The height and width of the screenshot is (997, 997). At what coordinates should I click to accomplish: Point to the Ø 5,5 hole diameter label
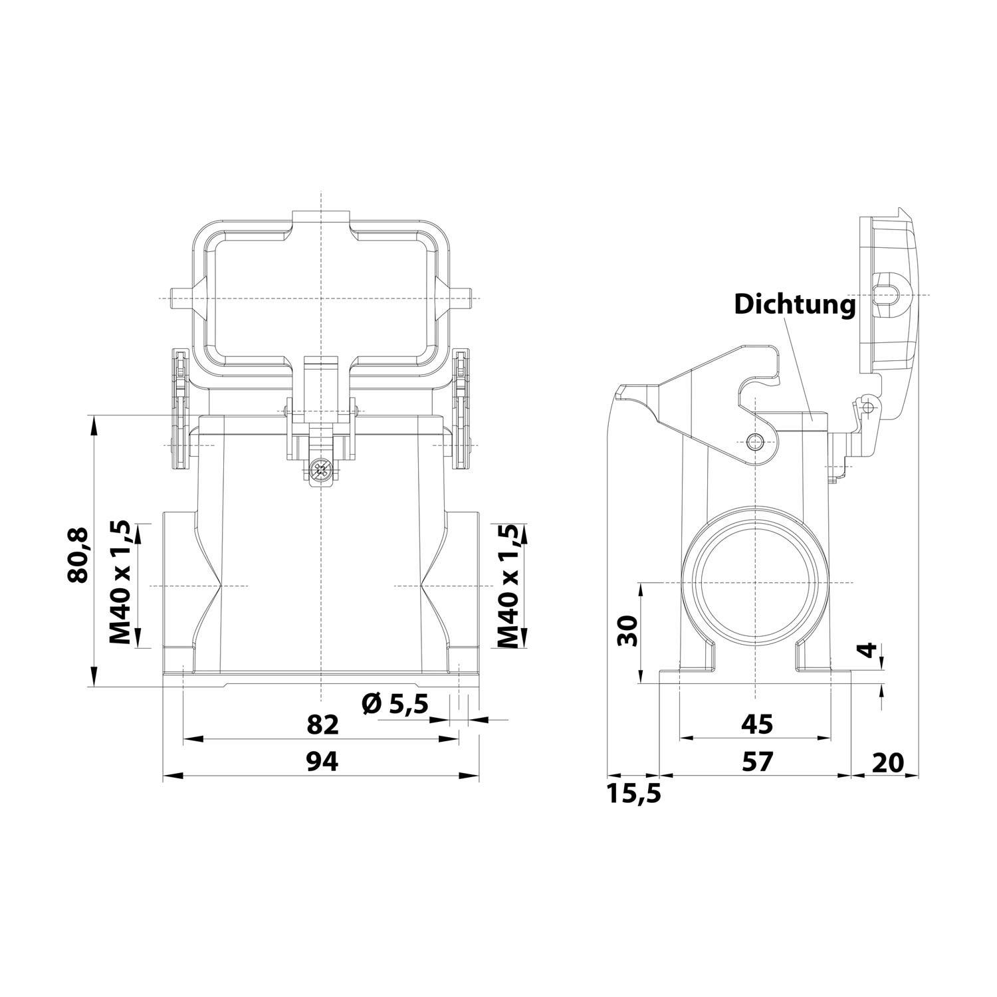395,703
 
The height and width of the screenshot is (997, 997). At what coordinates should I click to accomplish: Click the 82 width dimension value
323,724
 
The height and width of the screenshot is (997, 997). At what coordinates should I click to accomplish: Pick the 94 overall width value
322,761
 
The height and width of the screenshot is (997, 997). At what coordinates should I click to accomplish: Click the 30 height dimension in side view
627,631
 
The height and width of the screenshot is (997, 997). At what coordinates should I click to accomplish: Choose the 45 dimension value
757,724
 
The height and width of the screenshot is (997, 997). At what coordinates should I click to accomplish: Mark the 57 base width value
757,761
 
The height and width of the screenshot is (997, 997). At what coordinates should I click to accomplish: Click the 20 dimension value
888,762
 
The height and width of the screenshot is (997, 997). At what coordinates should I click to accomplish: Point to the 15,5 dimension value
634,793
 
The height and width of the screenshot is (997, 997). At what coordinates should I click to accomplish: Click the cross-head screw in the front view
321,473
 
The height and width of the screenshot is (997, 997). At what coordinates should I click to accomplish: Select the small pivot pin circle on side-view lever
755,441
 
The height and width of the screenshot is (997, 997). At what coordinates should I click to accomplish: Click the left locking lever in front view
179,409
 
